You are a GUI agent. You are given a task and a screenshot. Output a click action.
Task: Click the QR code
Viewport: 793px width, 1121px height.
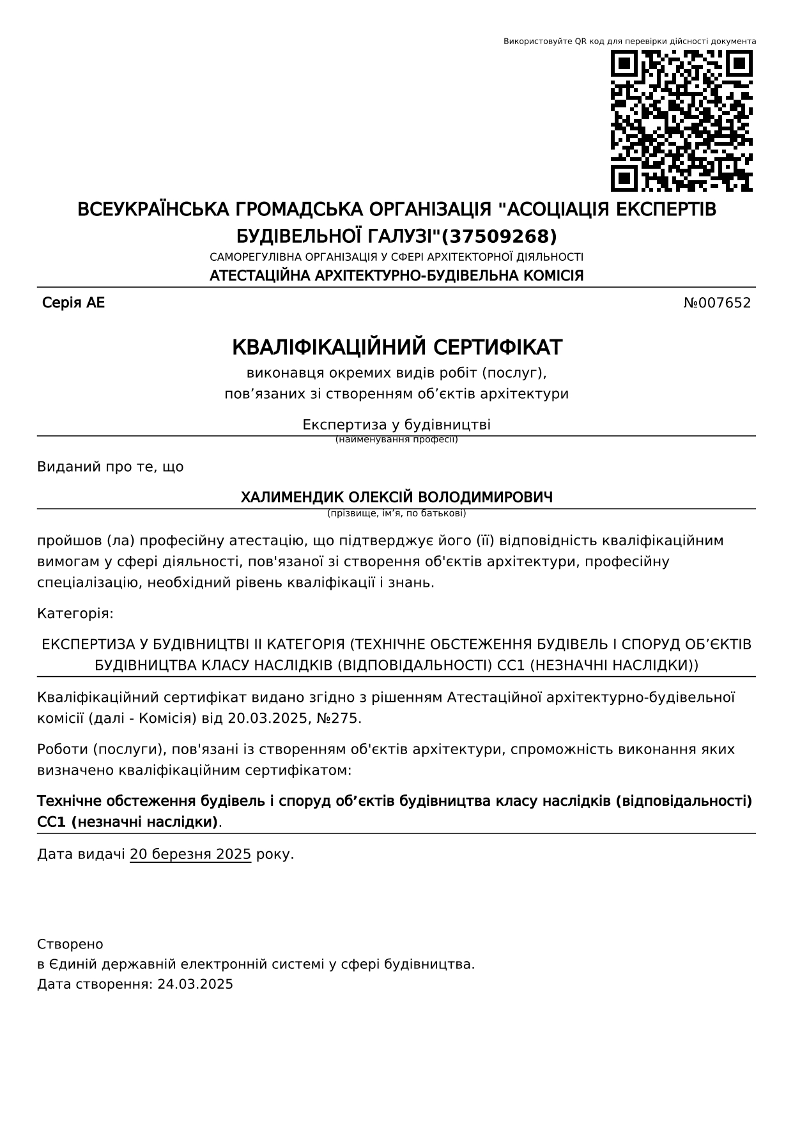click(682, 121)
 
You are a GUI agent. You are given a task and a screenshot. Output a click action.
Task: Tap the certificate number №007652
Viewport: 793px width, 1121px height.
click(717, 303)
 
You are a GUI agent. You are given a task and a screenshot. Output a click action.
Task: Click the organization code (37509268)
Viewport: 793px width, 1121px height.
click(500, 237)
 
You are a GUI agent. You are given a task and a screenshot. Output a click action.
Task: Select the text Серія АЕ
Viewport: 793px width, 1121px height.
click(73, 303)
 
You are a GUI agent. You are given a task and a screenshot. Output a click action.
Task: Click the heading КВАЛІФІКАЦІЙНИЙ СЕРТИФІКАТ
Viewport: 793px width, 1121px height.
click(397, 348)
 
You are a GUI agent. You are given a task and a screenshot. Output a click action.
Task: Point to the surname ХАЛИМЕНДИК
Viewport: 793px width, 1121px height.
click(292, 497)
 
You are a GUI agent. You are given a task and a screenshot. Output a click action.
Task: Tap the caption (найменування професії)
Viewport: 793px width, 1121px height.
click(397, 440)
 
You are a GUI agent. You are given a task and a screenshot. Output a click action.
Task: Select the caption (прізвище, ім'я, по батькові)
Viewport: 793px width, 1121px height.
click(397, 513)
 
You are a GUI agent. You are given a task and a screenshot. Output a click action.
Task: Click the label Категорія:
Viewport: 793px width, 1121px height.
click(75, 614)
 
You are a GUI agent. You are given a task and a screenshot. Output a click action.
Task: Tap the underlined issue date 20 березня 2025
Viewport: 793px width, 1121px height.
click(190, 854)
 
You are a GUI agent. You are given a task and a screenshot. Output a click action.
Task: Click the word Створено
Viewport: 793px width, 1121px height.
click(70, 945)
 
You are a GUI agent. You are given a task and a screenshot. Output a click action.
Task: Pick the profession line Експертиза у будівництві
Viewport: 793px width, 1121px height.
click(397, 425)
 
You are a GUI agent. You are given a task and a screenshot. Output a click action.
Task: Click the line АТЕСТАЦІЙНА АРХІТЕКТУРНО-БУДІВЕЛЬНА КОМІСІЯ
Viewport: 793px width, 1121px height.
click(397, 276)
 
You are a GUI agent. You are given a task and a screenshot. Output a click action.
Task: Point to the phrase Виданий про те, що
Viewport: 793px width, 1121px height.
click(111, 467)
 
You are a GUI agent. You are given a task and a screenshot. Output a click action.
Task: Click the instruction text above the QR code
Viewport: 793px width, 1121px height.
click(629, 42)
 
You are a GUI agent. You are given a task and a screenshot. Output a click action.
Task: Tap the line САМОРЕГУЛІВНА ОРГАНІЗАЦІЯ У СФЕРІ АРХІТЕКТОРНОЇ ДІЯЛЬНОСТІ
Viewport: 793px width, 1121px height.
click(397, 258)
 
